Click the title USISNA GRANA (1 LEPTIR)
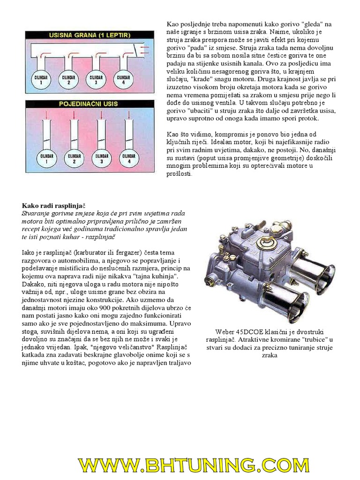[x=89, y=35]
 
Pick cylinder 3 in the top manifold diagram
[x=96, y=79]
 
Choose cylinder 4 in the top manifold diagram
[x=122, y=79]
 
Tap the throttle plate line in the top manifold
[x=136, y=49]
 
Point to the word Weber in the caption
[x=225, y=331]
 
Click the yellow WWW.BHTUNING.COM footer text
[x=194, y=466]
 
